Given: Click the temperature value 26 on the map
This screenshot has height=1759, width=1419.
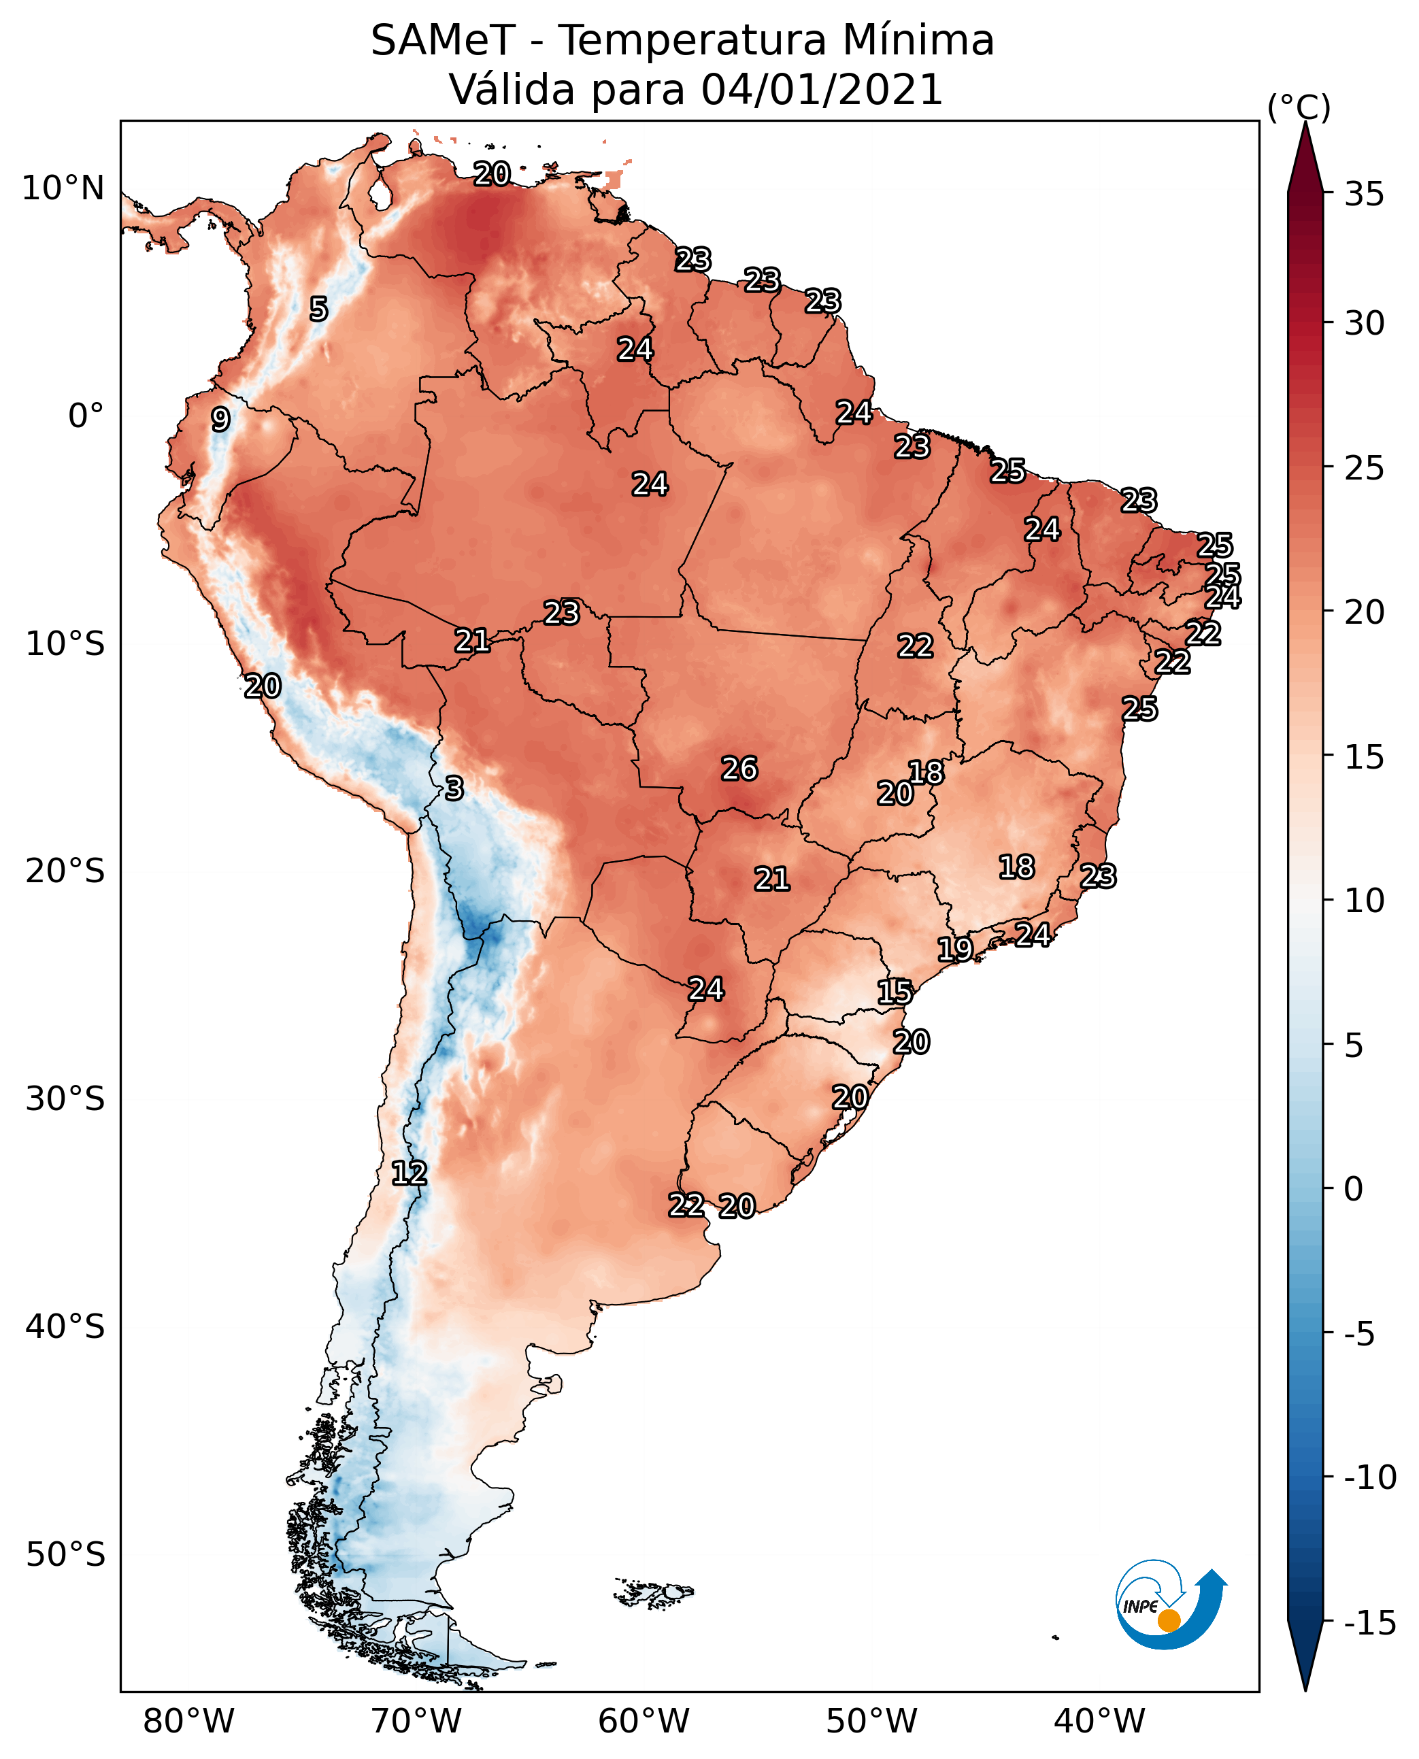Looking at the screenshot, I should [x=739, y=769].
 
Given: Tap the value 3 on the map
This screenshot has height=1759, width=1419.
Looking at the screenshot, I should [x=454, y=788].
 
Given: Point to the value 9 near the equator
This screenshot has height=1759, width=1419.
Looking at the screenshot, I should [x=220, y=419].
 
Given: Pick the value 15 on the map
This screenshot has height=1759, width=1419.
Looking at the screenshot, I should [x=895, y=992].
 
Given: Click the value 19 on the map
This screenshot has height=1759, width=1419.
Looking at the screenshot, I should [x=954, y=949].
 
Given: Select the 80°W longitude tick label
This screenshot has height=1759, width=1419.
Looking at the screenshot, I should [x=189, y=1721].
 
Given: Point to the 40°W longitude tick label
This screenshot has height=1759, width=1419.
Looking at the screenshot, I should [x=1099, y=1721].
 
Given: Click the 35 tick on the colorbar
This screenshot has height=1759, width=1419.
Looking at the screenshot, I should [x=1364, y=195].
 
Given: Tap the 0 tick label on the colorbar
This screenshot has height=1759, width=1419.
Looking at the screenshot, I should [x=1354, y=1189].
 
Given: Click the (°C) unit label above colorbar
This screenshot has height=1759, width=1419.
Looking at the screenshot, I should [x=1299, y=107].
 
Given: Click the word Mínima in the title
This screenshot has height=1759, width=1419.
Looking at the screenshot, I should [x=918, y=40].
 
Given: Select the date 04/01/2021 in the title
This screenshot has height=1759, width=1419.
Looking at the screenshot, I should [x=822, y=89].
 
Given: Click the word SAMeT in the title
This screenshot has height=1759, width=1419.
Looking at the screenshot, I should [x=443, y=40].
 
